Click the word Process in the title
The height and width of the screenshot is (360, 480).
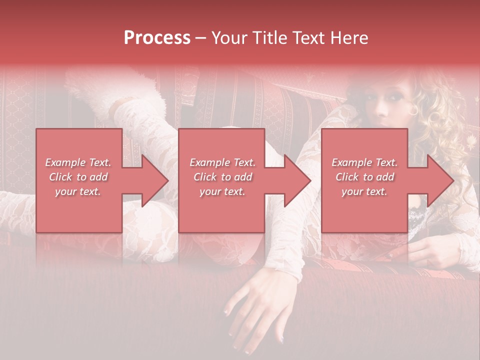tap(157, 38)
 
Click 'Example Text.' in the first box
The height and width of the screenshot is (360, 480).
tap(78, 162)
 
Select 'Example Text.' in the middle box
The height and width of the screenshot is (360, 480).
tap(222, 162)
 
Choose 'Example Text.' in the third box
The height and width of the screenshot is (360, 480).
tap(364, 162)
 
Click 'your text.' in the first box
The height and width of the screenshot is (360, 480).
tap(78, 191)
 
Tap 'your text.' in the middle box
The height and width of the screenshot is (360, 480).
tap(222, 191)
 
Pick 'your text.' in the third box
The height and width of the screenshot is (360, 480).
tap(364, 191)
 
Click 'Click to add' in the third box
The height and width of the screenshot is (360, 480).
tap(364, 177)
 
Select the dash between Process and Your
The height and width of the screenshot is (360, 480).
tap(201, 38)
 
